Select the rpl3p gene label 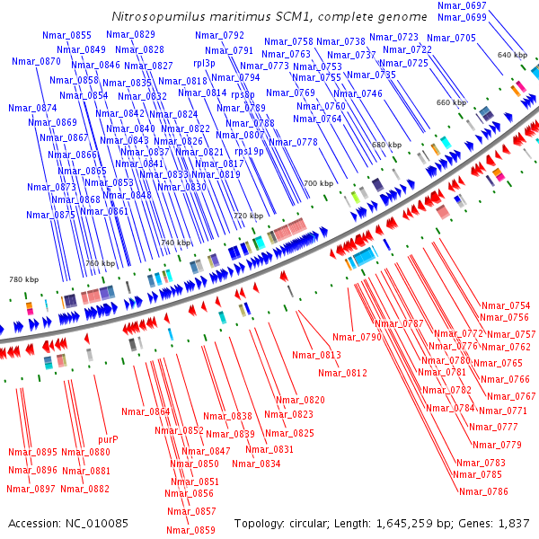pyautogui.click(x=204, y=64)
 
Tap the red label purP pyautogui.click(x=107, y=439)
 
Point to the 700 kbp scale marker pyautogui.click(x=318, y=183)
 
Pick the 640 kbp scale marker pyautogui.click(x=512, y=56)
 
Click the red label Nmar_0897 pyautogui.click(x=31, y=489)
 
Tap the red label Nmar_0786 pyautogui.click(x=483, y=491)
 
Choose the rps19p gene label pyautogui.click(x=249, y=152)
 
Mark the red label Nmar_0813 pyautogui.click(x=318, y=356)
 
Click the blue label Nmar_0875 pyautogui.click(x=50, y=215)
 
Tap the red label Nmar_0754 pyautogui.click(x=506, y=305)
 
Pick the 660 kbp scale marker pyautogui.click(x=451, y=102)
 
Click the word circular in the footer pyautogui.click(x=317, y=523)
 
